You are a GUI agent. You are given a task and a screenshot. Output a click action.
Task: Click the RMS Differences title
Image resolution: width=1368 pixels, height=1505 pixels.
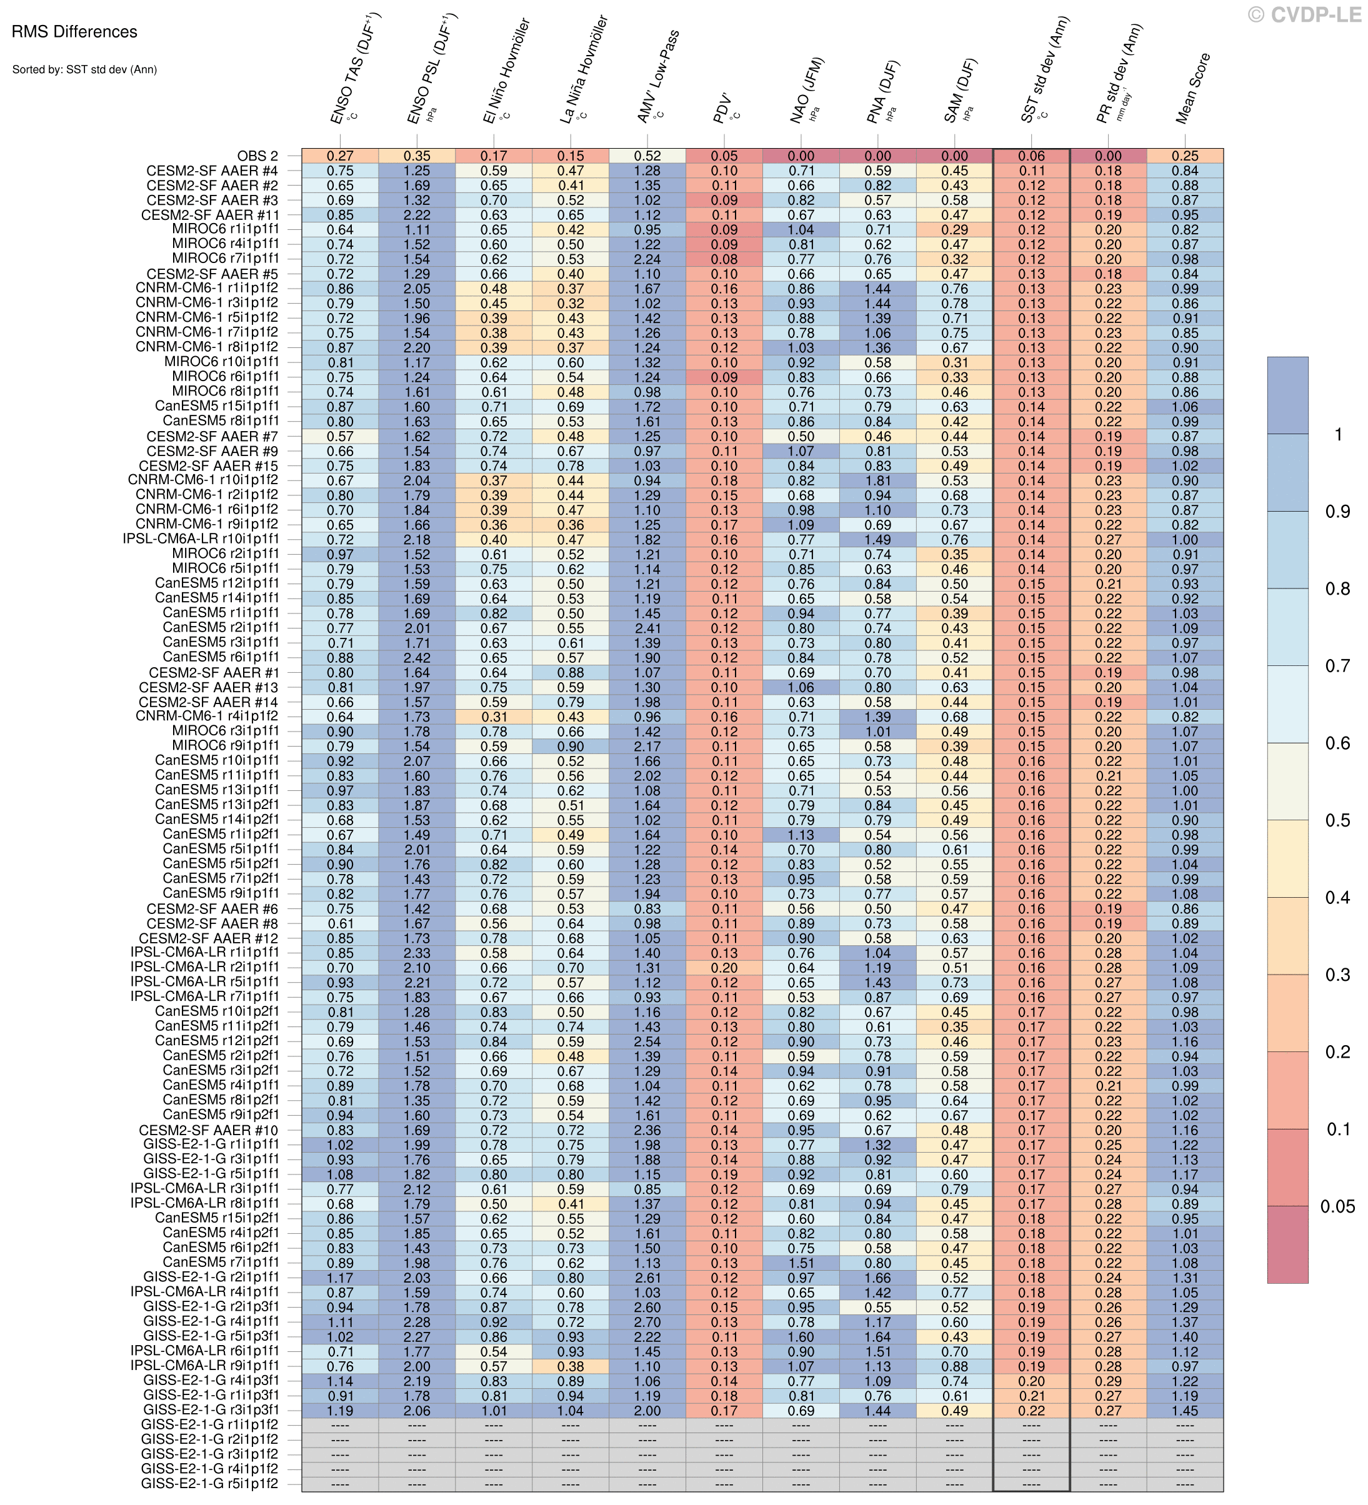click(74, 32)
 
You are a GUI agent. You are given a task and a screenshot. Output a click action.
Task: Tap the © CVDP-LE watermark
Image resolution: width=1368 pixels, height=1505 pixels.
click(1304, 14)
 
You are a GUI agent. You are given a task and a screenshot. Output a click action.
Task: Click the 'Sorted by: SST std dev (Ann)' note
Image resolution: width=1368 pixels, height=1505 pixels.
click(84, 70)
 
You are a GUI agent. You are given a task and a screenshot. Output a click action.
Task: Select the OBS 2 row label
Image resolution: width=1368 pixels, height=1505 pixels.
click(257, 156)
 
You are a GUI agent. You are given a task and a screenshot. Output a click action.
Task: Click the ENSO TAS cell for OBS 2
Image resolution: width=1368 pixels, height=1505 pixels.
click(340, 156)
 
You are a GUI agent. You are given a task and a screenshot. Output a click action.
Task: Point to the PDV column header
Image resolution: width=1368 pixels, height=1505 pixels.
click(724, 108)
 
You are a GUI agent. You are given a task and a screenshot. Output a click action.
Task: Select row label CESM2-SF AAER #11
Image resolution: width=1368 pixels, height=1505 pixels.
click(210, 215)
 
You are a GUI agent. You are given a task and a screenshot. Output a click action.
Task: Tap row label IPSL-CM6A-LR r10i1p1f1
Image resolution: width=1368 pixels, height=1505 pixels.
click(202, 540)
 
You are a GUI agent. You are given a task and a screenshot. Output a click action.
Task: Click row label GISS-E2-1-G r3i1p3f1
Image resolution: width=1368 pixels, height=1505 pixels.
click(211, 1411)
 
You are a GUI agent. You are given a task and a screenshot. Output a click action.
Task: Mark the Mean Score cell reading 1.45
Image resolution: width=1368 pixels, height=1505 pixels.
click(1185, 1411)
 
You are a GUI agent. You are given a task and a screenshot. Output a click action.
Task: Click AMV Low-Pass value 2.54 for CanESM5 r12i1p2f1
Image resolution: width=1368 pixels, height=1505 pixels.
click(647, 1041)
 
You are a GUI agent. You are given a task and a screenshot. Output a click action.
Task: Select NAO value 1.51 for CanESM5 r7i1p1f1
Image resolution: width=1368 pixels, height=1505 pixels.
click(801, 1263)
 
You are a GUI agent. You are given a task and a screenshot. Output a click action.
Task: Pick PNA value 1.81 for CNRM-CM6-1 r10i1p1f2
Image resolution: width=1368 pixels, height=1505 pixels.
click(877, 481)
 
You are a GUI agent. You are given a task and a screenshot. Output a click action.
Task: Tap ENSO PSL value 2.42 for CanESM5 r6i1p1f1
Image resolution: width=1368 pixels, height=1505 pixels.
click(417, 658)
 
